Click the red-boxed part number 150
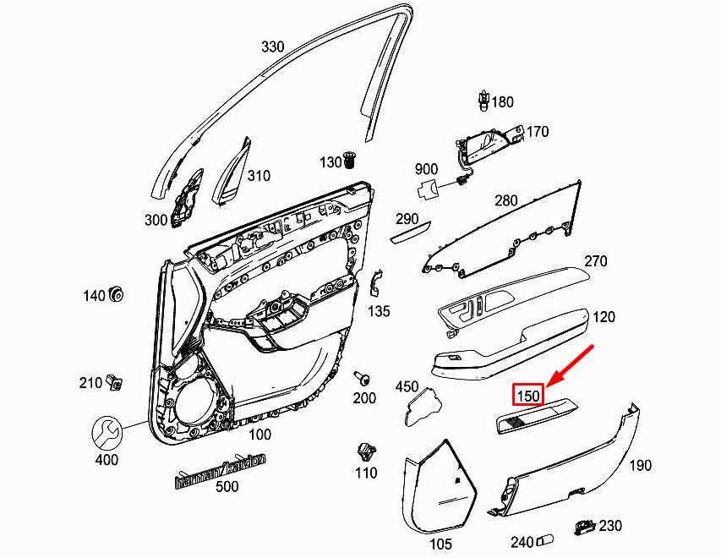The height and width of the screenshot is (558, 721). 528,395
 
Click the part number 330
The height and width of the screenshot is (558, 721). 272,46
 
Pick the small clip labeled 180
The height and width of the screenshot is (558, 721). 481,100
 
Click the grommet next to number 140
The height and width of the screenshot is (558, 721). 117,294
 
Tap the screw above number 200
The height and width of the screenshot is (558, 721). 363,377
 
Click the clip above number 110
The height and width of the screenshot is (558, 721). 365,451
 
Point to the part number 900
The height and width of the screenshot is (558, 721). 426,169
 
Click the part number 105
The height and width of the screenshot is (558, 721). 440,544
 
